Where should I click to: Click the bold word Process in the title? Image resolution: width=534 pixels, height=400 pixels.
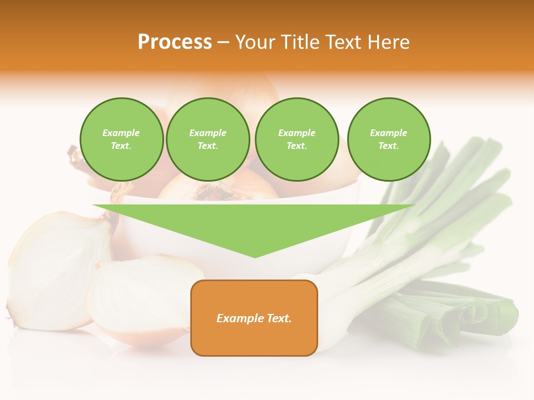(175, 42)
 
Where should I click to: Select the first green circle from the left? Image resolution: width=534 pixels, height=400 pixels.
(121, 139)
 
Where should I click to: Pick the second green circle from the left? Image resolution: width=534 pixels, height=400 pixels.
(208, 139)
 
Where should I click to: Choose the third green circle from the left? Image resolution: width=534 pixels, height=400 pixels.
(296, 139)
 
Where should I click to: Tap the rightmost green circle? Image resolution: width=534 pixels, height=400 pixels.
(389, 139)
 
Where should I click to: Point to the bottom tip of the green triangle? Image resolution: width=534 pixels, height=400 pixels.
(255, 257)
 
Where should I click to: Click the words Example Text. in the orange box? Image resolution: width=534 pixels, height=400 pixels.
(254, 318)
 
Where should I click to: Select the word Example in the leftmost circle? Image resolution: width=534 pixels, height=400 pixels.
(121, 133)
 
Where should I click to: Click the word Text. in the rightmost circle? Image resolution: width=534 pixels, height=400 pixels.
(389, 146)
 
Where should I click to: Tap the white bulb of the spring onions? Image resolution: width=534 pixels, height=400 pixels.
(334, 311)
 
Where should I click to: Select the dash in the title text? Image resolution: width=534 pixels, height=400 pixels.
(223, 42)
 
